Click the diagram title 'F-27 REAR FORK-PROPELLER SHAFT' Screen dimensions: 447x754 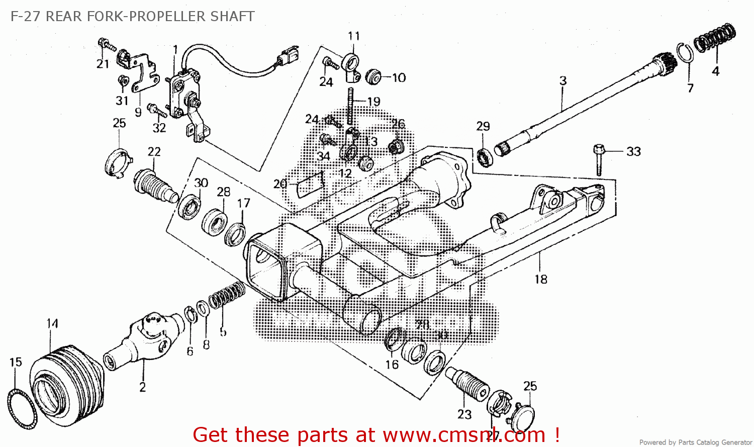[x=132, y=16]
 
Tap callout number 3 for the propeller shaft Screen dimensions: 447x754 [x=563, y=80]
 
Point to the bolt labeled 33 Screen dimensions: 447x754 [x=598, y=160]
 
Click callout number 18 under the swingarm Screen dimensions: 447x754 [x=541, y=279]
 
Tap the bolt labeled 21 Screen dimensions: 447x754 [x=107, y=45]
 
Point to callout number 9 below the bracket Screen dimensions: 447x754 [x=138, y=112]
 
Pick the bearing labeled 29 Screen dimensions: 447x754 [x=485, y=156]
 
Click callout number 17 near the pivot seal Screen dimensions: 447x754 [x=244, y=203]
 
